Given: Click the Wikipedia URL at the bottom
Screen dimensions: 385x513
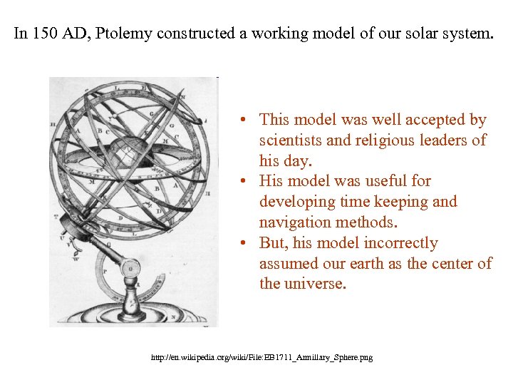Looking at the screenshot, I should click(x=261, y=356).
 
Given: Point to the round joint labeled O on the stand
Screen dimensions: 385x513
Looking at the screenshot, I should click(x=130, y=269).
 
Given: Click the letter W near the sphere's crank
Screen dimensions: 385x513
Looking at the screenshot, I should click(x=76, y=259).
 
